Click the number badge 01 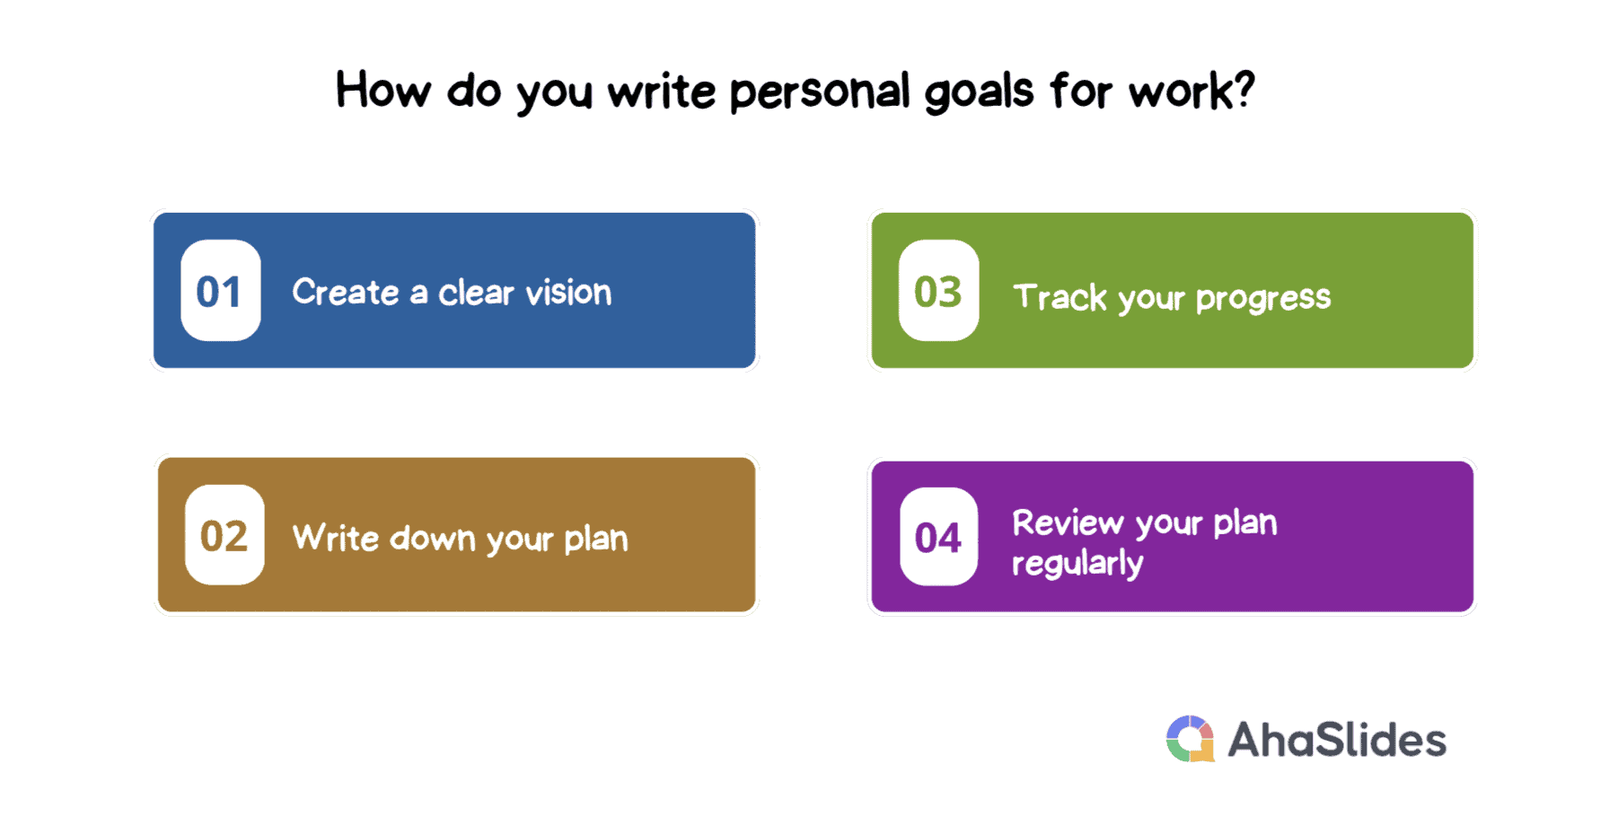point(221,290)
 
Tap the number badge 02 point(224,535)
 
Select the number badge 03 point(939,290)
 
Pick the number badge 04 point(939,537)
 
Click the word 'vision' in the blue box point(568,292)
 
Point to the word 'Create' point(346,292)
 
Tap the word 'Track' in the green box point(1060,296)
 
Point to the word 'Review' point(1068,523)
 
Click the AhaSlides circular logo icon point(1191,739)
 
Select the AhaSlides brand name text point(1337,740)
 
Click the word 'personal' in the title point(820,92)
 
